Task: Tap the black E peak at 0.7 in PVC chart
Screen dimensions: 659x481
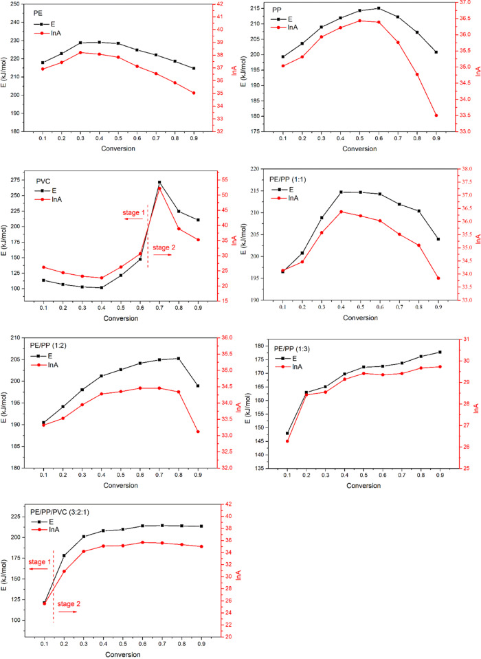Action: click(x=159, y=182)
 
